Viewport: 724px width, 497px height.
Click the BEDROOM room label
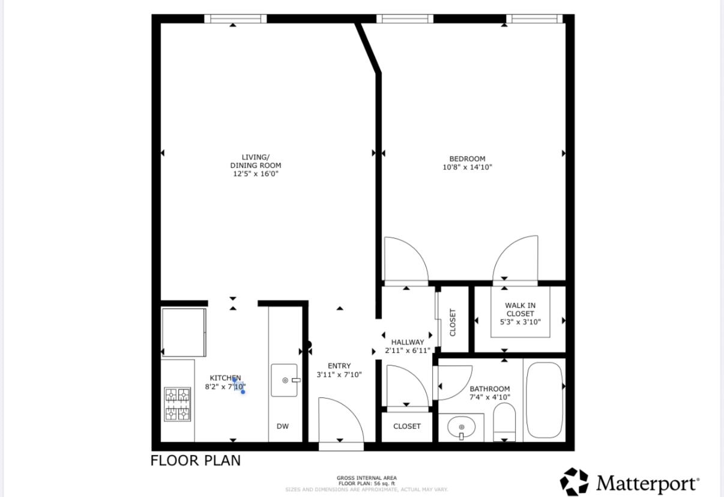point(467,159)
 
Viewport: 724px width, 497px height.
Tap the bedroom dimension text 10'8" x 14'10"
point(467,167)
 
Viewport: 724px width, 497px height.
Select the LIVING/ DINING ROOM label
point(256,162)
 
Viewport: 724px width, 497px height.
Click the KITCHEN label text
point(225,378)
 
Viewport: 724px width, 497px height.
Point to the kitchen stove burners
point(178,404)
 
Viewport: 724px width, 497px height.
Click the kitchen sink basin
point(284,380)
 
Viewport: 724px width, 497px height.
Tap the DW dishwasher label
point(283,426)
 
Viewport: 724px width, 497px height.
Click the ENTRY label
point(339,366)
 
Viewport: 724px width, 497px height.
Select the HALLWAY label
point(408,342)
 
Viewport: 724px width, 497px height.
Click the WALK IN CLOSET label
point(520,309)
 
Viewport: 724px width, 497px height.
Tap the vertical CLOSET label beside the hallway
point(453,322)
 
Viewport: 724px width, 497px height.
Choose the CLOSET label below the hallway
point(407,426)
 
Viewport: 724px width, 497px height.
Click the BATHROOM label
point(490,389)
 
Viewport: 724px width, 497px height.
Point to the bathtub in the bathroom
point(545,400)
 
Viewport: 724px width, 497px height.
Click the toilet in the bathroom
point(504,422)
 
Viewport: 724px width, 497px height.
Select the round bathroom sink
point(462,427)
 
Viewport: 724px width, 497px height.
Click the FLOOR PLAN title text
point(196,460)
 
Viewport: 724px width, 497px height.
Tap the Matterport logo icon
point(574,481)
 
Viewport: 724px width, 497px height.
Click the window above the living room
point(235,19)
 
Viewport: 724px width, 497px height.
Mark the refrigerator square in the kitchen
point(184,332)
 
